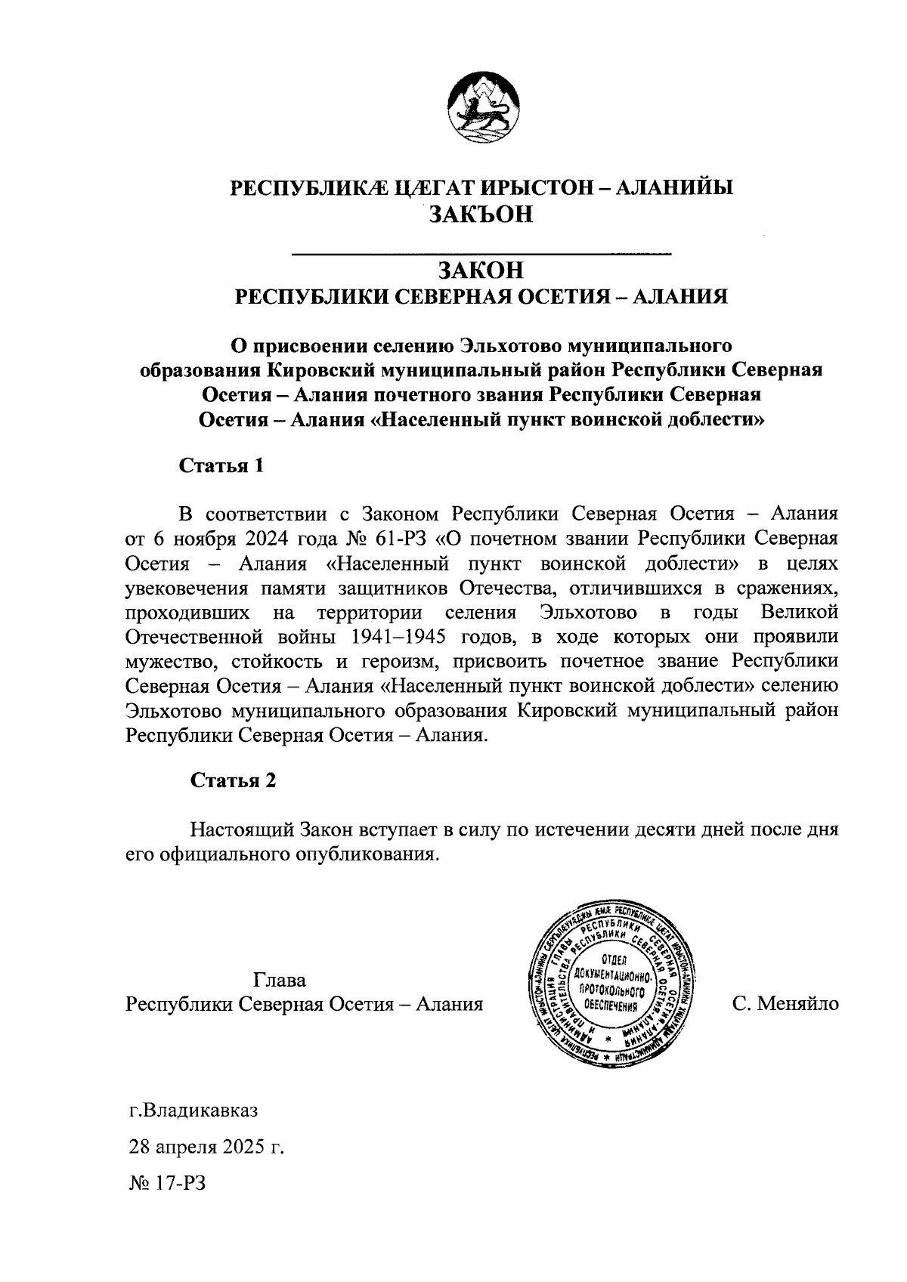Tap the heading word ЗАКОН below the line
(481, 270)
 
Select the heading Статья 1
(221, 465)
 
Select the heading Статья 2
(233, 780)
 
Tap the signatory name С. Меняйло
(785, 1004)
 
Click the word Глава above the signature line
(280, 981)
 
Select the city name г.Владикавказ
(193, 1111)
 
